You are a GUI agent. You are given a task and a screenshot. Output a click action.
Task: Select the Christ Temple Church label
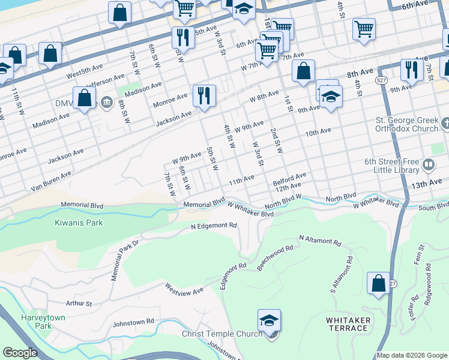(x=222, y=334)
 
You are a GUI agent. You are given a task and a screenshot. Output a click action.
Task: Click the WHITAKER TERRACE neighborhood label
(x=347, y=324)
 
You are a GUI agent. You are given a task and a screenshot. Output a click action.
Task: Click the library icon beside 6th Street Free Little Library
(x=429, y=163)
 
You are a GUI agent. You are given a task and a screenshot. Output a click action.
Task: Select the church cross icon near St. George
(x=445, y=124)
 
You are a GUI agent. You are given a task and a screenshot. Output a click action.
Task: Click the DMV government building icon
(x=106, y=103)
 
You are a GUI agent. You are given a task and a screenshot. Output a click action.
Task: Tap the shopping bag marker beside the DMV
(x=85, y=97)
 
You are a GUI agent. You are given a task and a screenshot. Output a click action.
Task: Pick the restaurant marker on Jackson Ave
(x=204, y=95)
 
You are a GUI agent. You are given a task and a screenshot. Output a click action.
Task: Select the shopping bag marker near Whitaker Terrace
(x=378, y=284)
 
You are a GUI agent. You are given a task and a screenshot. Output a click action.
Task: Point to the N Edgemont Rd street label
(x=214, y=226)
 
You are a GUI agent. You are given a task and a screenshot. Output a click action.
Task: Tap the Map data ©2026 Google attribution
(x=412, y=355)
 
